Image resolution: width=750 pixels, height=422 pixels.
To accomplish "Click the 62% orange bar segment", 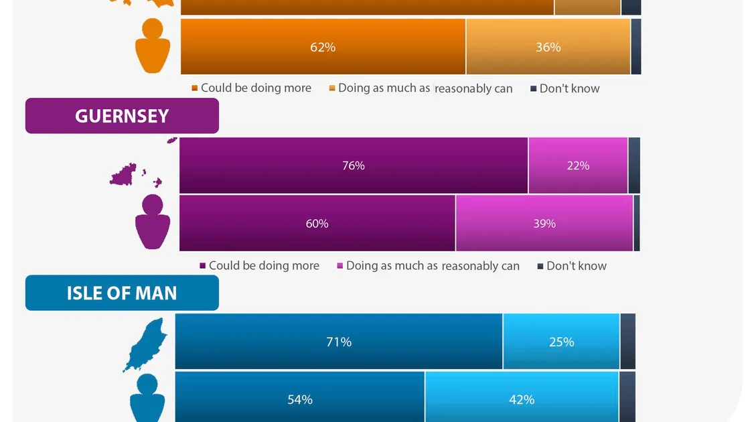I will pos(323,47).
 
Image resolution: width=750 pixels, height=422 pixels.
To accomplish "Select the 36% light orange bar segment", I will pos(548,47).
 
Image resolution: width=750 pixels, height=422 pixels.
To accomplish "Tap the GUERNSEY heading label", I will pos(122,116).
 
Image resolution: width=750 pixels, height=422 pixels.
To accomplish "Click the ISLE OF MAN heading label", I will pos(122,293).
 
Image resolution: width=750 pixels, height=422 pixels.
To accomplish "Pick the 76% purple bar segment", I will pos(353,165).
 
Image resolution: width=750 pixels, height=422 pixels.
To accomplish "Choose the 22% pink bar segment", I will pos(578,165).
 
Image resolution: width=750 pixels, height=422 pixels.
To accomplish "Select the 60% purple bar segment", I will pos(317,223).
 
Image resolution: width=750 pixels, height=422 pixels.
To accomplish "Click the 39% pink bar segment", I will pos(544,223).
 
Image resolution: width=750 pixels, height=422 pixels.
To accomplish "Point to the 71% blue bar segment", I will pos(339,342).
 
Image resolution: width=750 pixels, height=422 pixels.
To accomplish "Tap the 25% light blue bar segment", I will pos(561,342).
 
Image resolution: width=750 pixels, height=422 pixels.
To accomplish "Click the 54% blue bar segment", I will pos(300,399).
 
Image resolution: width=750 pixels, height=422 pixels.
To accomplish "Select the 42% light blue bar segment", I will pos(522,399).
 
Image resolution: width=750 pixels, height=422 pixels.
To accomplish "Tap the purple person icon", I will pos(152,222).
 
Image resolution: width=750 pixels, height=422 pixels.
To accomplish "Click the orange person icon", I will pos(152,47).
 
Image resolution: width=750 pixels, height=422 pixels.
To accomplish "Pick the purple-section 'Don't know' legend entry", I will pos(572,266).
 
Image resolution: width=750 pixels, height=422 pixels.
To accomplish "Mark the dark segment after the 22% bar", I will pos(634,165).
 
